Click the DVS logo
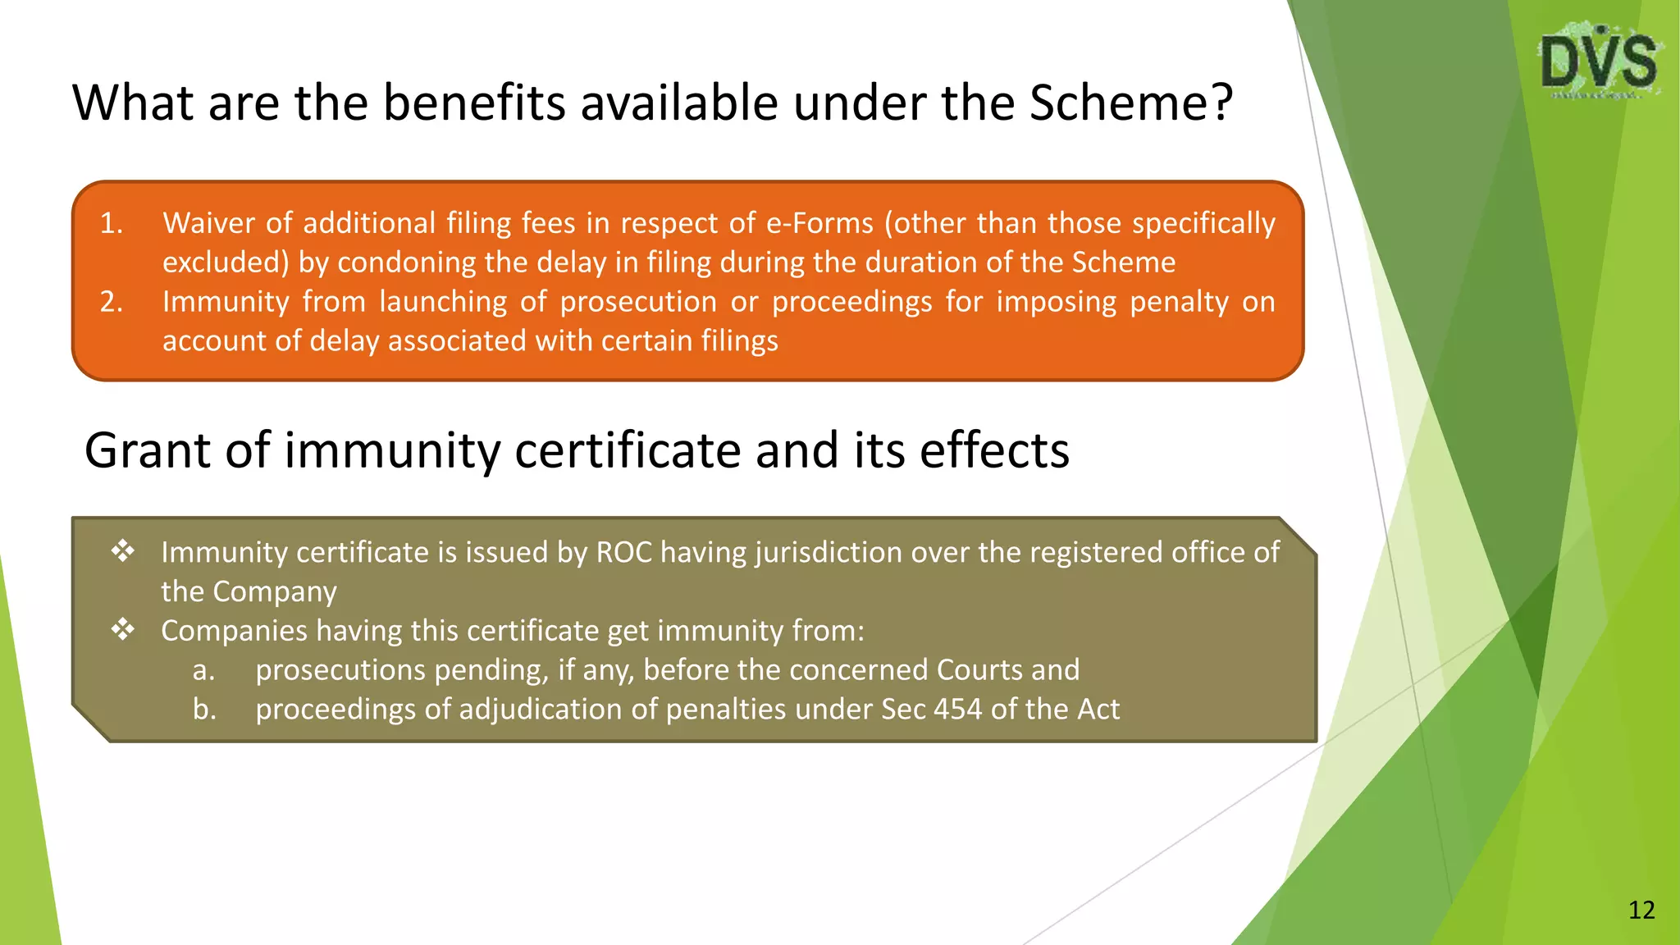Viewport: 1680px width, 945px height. (1599, 62)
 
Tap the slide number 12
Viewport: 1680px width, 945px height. (1641, 910)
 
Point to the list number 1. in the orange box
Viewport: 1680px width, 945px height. (112, 223)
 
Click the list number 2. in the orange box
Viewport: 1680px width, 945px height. (112, 302)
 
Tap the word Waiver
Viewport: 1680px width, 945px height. (207, 223)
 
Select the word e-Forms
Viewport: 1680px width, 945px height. (819, 223)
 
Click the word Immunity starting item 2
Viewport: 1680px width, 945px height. (226, 302)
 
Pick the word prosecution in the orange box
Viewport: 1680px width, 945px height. (638, 302)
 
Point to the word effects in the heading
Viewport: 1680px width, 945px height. (994, 450)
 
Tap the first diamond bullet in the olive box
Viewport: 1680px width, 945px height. (123, 550)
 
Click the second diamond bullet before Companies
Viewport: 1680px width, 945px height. (123, 629)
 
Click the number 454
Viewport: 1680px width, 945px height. (957, 709)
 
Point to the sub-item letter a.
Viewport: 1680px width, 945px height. (203, 670)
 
